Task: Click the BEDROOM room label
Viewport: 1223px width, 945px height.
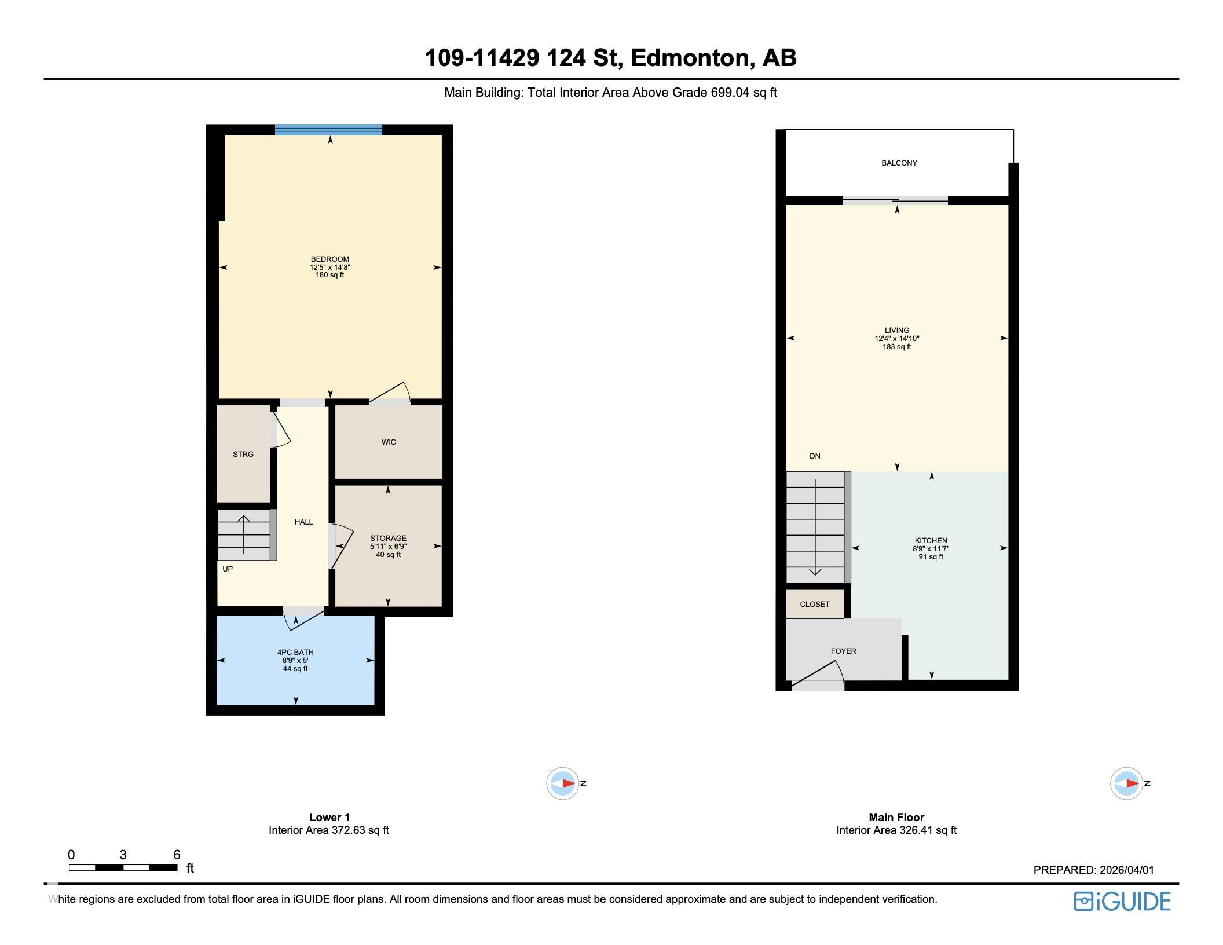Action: click(329, 259)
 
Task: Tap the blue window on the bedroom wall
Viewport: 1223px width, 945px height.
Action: click(328, 130)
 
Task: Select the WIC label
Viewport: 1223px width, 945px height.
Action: click(389, 442)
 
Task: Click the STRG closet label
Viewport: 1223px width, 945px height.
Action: click(243, 454)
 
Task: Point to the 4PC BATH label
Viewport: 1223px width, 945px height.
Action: click(295, 652)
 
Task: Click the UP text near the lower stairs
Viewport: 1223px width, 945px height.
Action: click(228, 569)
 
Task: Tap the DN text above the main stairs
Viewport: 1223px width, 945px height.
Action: click(815, 456)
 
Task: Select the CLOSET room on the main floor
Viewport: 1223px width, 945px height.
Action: click(815, 604)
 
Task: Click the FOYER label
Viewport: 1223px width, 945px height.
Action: click(843, 651)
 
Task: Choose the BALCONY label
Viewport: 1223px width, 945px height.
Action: click(899, 163)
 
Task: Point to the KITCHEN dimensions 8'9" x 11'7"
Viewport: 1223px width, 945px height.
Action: click(931, 548)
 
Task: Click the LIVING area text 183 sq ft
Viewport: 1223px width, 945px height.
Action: click(896, 347)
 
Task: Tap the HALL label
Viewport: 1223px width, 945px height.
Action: click(303, 522)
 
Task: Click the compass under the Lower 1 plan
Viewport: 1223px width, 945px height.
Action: click(563, 783)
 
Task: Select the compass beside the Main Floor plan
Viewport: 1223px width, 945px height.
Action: click(1126, 783)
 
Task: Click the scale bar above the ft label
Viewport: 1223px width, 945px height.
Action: click(123, 867)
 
